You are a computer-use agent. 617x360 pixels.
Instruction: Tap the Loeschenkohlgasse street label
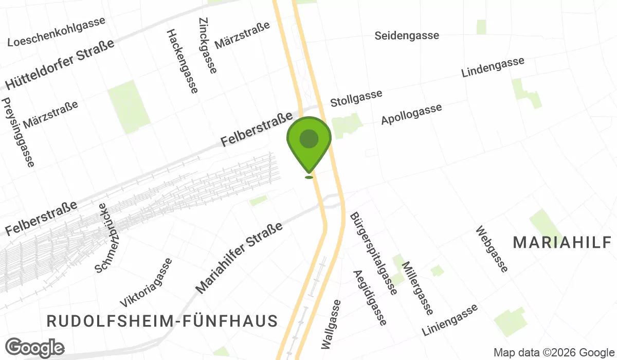click(57, 31)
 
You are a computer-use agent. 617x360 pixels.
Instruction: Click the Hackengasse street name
click(183, 61)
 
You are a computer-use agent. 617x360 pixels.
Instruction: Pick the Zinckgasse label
click(208, 45)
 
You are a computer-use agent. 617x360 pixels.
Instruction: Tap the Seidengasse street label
click(407, 35)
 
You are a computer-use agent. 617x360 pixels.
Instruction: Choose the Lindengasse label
click(493, 67)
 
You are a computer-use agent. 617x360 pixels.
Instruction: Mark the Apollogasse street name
click(411, 114)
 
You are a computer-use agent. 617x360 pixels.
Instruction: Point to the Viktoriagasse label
click(146, 281)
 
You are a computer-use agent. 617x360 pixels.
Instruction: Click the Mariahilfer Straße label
click(239, 258)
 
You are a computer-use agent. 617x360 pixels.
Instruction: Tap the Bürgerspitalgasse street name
click(373, 254)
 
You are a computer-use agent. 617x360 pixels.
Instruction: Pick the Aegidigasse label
click(369, 298)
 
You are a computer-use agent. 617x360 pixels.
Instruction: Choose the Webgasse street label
click(492, 249)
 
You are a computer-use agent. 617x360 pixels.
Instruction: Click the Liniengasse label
click(450, 320)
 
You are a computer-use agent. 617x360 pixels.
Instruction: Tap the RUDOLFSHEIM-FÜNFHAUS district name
click(162, 321)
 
